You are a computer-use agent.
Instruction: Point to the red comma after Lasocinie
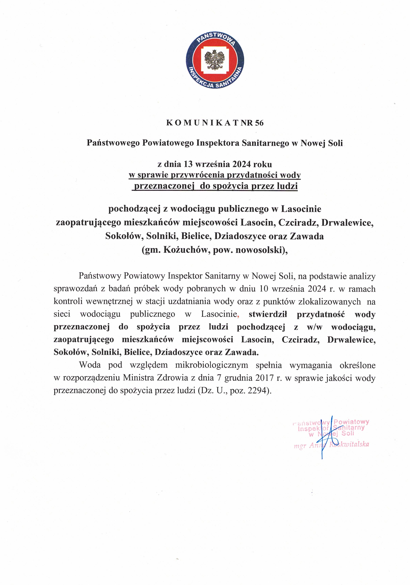[238, 316]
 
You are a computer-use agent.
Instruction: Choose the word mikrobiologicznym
[212, 365]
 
